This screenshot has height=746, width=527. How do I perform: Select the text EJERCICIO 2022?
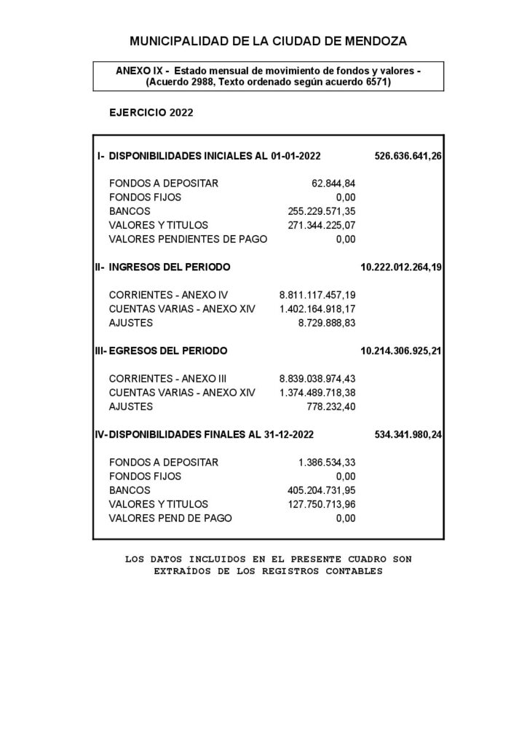[x=151, y=113]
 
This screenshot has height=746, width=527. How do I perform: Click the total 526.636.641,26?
[x=408, y=156]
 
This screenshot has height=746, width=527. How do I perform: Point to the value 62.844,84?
[x=333, y=183]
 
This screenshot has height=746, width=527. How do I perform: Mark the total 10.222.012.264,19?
[x=401, y=267]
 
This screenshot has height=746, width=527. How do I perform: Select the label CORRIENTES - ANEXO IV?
[x=168, y=295]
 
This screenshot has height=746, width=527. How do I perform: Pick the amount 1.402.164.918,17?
[x=317, y=309]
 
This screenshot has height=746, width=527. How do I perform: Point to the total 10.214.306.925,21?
[x=401, y=350]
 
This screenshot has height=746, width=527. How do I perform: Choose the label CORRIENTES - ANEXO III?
[x=170, y=378]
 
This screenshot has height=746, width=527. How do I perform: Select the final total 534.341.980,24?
[x=408, y=434]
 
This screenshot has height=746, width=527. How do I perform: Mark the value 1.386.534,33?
[x=327, y=462]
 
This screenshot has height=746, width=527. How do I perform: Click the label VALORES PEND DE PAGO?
[x=170, y=518]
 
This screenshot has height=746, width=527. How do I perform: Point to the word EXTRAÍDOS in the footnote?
[x=185, y=571]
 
